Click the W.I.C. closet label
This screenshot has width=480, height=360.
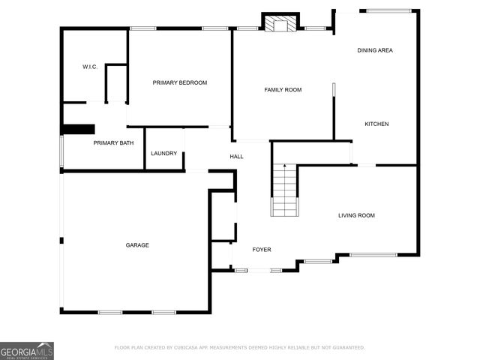[90, 67]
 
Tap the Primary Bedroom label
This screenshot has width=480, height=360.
[180, 82]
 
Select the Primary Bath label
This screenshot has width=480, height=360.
[113, 142]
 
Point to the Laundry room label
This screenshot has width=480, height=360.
[164, 154]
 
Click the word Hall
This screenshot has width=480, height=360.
[236, 156]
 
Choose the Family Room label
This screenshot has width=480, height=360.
[283, 90]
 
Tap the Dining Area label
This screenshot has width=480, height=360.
[375, 50]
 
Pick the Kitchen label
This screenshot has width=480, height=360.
[376, 124]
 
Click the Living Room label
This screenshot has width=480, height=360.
[356, 215]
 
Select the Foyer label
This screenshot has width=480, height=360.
[261, 250]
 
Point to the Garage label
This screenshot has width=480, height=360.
[137, 245]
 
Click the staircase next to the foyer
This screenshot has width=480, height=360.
[284, 191]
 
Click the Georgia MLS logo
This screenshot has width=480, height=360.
[27, 350]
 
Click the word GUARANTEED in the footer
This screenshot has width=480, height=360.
[345, 348]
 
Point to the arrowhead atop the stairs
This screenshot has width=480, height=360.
[284, 166]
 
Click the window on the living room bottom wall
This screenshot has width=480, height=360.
[373, 255]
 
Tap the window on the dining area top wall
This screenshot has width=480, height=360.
[388, 10]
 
